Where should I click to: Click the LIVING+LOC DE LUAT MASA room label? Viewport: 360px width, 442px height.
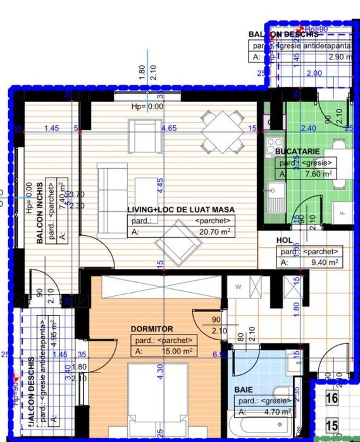click(180, 209)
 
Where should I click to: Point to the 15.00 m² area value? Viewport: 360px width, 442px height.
click(176, 352)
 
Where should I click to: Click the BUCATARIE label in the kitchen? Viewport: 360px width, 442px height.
click(297, 152)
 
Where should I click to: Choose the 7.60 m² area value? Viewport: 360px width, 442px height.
click(311, 174)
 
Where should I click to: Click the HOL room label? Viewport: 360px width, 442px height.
click(284, 241)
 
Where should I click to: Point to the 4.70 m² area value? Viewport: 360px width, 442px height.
click(277, 412)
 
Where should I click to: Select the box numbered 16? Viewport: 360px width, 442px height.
click(333, 398)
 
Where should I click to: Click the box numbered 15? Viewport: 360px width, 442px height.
click(333, 426)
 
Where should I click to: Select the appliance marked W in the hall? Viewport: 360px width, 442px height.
click(239, 286)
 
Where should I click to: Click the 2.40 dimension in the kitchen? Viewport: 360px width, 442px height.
click(308, 128)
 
